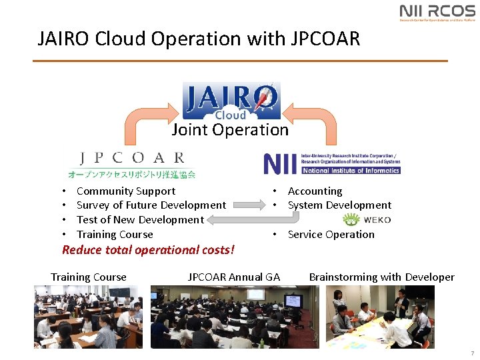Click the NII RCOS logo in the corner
pyautogui.click(x=437, y=13)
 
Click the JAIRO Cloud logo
pyautogui.click(x=231, y=101)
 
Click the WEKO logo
pyautogui.click(x=367, y=220)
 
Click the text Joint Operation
pyautogui.click(x=230, y=130)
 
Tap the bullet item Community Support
pyautogui.click(x=126, y=191)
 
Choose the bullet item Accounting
pyautogui.click(x=315, y=191)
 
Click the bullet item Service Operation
pyautogui.click(x=331, y=235)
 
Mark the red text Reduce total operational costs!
pyautogui.click(x=148, y=250)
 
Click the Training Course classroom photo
pyautogui.click(x=88, y=317)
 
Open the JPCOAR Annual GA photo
pyautogui.click(x=235, y=317)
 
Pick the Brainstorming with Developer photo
pyautogui.click(x=380, y=317)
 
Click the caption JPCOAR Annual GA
pyautogui.click(x=234, y=277)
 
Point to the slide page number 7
pyautogui.click(x=472, y=353)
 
